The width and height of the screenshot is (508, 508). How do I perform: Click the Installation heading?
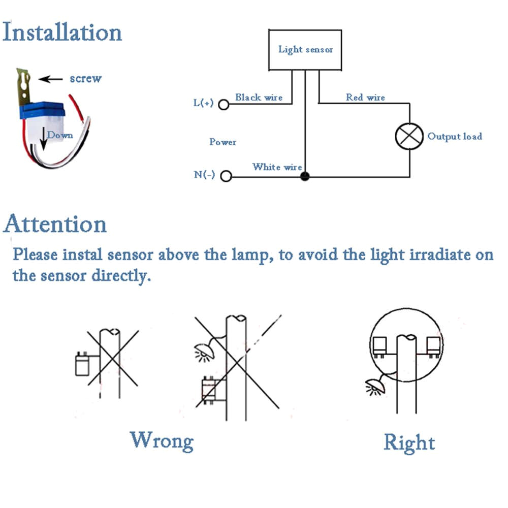62,32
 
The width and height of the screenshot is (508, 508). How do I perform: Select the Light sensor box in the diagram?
305,50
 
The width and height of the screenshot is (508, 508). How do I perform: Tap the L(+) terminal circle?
224,105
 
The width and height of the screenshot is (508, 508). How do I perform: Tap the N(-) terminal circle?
226,176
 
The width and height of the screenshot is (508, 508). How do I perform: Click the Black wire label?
259,97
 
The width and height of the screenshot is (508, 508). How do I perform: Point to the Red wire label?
365,97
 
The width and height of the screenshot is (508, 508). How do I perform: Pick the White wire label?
277,167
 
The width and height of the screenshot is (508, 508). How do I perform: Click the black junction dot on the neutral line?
305,177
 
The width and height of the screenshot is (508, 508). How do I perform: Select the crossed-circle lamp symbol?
409,136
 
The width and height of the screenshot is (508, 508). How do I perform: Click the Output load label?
454,136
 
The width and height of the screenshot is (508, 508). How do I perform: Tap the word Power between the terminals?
223,142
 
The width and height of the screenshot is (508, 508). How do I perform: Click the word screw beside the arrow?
85,79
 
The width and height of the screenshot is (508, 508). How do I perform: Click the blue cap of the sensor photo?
43,107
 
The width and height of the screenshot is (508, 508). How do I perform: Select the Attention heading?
55,224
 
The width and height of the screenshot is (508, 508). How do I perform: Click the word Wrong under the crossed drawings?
162,440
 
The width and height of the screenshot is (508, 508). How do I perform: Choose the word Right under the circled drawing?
409,442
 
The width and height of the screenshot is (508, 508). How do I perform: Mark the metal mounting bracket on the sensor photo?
24,84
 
